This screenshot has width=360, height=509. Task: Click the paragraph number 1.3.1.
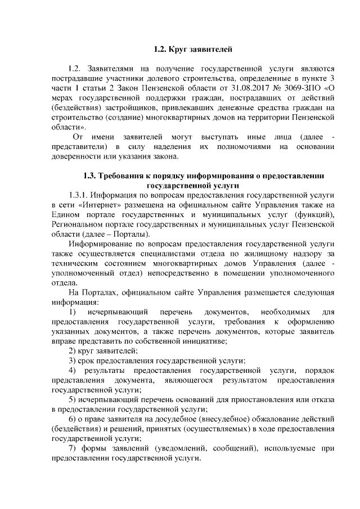pyautogui.click(x=78, y=195)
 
